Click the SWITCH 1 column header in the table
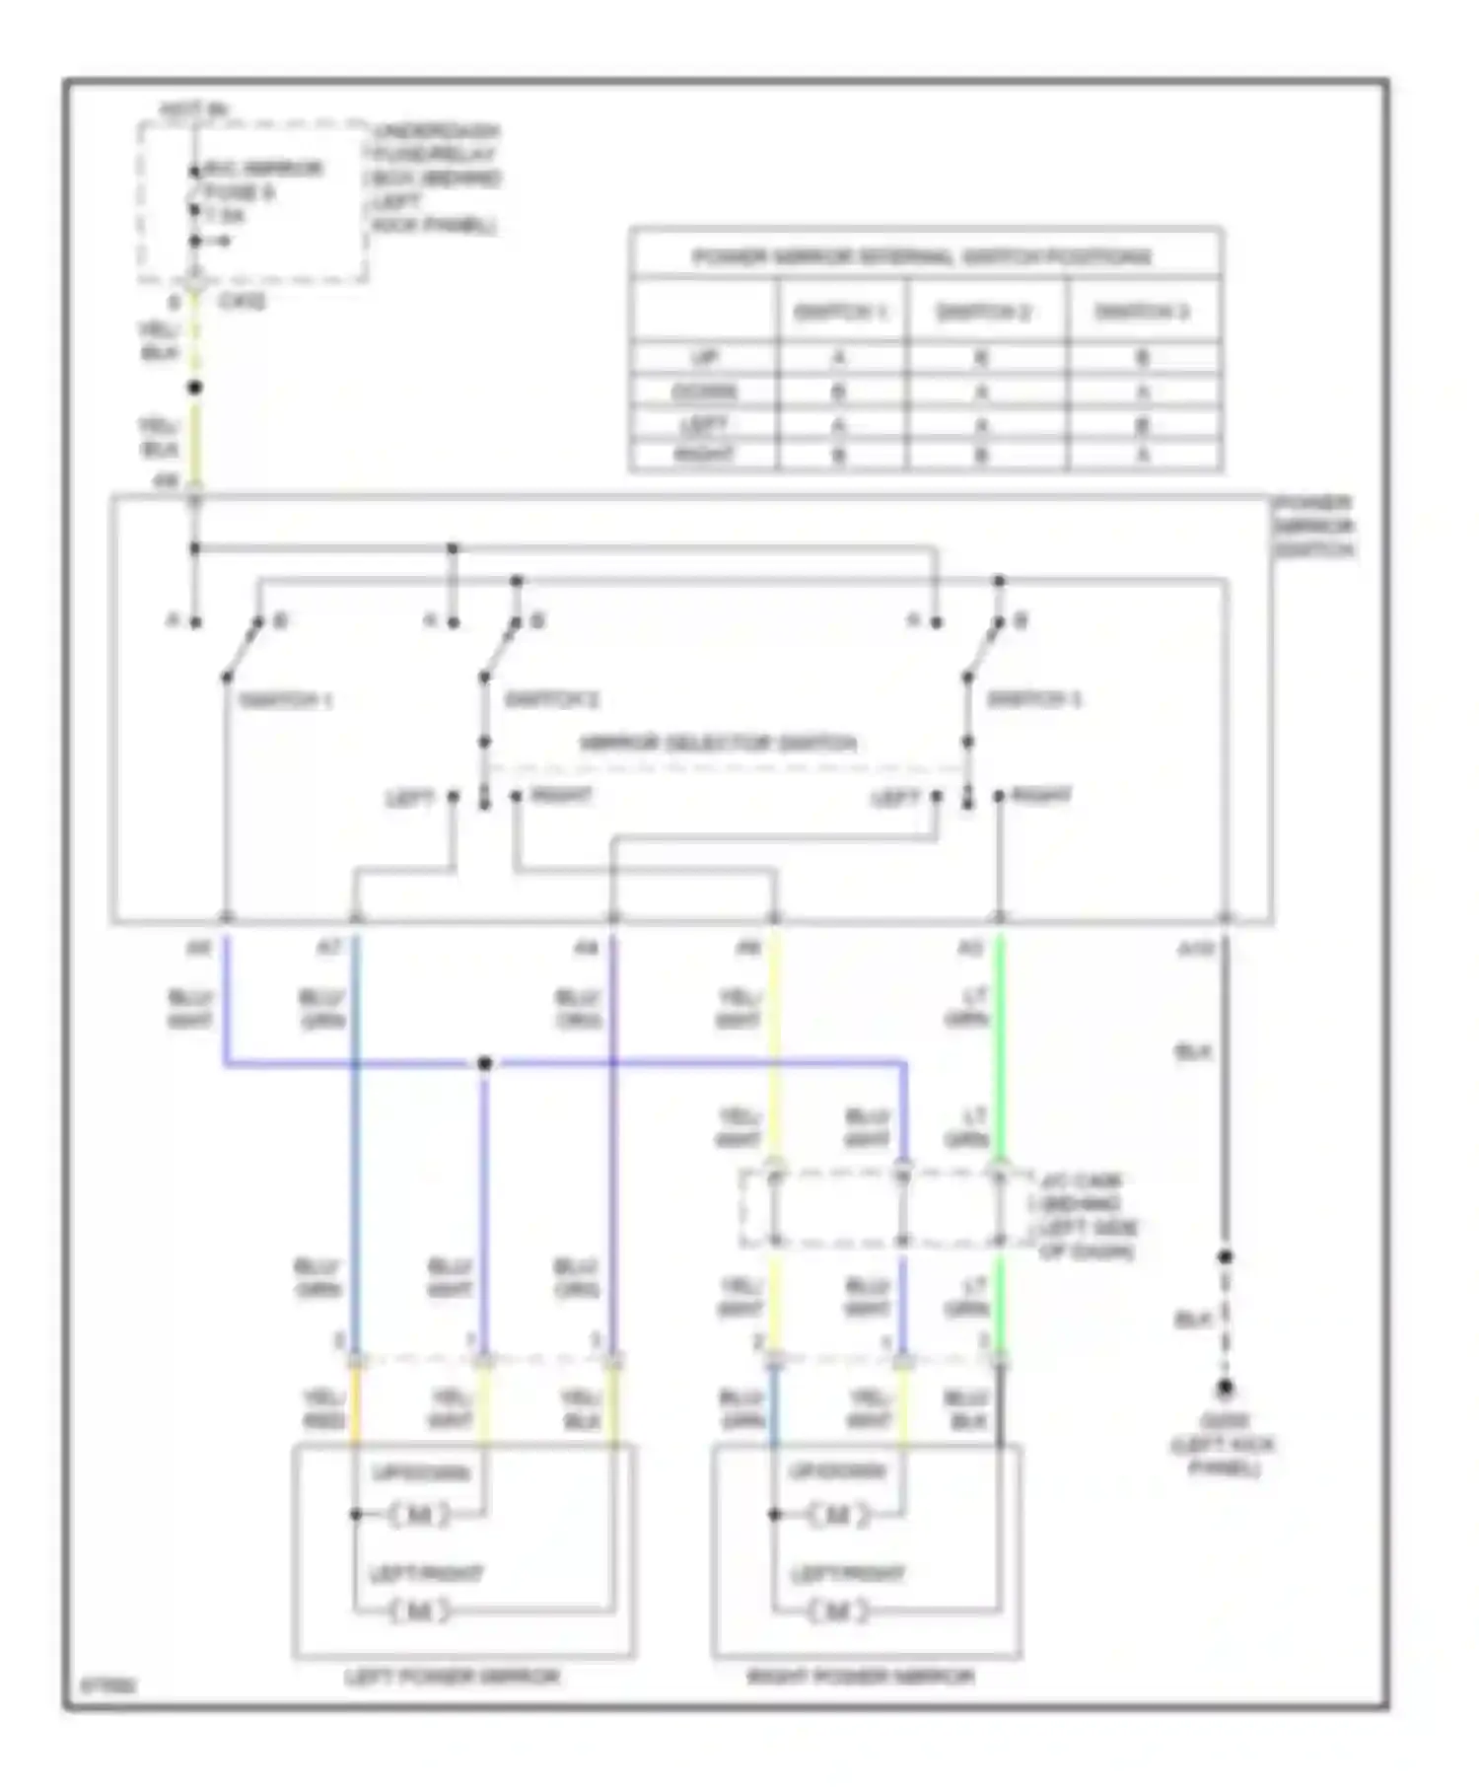coord(841,313)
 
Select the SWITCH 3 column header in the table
coord(1143,313)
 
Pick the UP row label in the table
coord(704,357)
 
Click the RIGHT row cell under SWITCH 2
coord(982,456)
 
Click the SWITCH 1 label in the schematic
coord(286,701)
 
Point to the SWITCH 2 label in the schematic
coord(552,700)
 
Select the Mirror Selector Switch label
coord(718,743)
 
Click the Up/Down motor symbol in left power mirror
coord(419,1514)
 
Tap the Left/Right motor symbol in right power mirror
coord(837,1611)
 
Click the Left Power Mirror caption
coord(453,1677)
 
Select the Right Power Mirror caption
coord(860,1677)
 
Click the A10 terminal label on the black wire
coord(1195,949)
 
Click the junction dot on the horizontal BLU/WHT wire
coord(484,1063)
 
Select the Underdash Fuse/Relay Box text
coord(434,178)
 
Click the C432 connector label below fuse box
coord(242,302)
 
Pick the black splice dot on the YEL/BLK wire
coord(195,388)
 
